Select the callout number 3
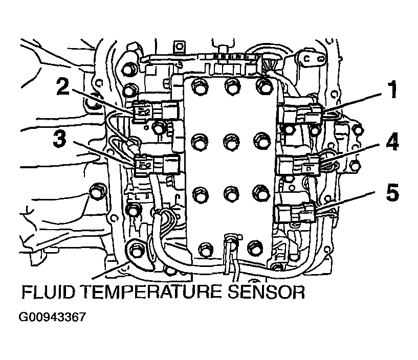click(x=60, y=139)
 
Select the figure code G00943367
click(x=52, y=317)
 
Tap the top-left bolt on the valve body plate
click(x=199, y=85)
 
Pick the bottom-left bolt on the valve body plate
click(x=201, y=249)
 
